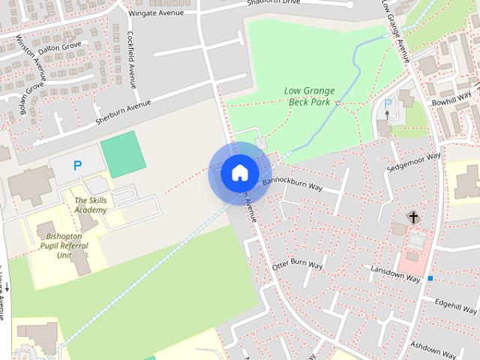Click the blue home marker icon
[240, 172]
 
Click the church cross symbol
[412, 217]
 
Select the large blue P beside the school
[76, 166]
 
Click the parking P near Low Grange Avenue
[388, 103]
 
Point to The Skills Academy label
[91, 205]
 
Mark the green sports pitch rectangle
[122, 154]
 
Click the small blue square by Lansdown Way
[430, 278]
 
